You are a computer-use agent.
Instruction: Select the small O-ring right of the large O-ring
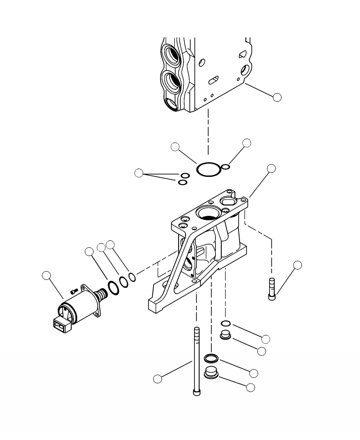pos(226,167)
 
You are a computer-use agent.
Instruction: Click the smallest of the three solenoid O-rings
pos(132,277)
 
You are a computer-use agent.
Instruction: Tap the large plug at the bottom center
pos(211,372)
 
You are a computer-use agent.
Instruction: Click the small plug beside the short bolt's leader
pos(225,336)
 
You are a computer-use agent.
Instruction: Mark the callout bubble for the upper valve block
pos(277,96)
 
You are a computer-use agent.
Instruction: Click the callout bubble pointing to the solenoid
pos(46,275)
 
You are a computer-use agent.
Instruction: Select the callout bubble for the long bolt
pos(158,378)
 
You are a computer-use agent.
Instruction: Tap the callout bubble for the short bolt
pos(297,265)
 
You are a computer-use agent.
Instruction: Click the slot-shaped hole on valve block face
pos(212,80)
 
